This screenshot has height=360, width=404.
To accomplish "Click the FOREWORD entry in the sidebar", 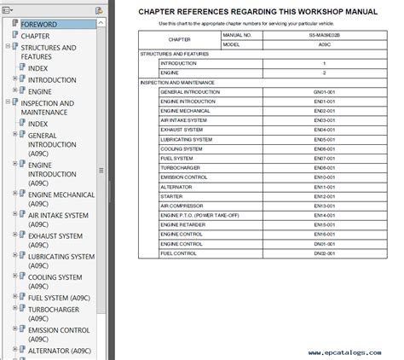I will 39,24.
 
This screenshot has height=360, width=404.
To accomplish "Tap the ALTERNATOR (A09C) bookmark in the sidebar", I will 59,350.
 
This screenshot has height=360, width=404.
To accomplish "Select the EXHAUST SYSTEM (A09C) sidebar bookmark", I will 55,235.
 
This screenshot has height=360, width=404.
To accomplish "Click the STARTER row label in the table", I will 171,196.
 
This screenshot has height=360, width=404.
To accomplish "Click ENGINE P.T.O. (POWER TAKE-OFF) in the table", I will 199,215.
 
